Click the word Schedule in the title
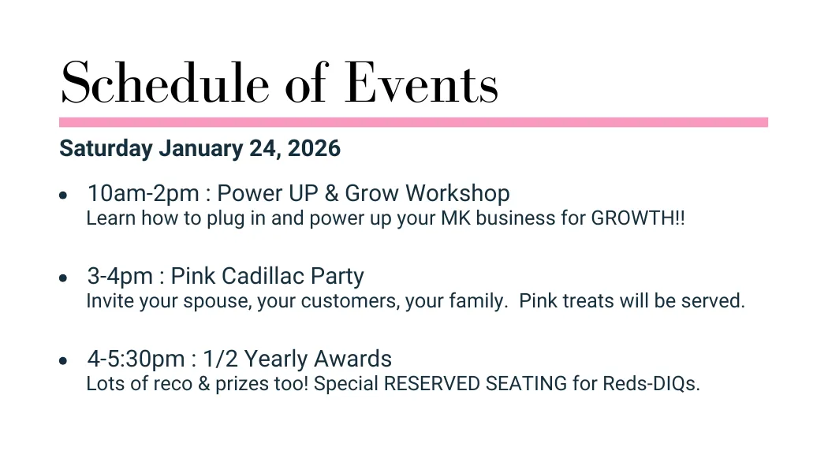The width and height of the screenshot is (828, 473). [166, 82]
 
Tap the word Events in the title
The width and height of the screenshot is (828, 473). [421, 82]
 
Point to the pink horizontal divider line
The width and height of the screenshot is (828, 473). [413, 122]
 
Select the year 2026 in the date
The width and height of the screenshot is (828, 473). [314, 148]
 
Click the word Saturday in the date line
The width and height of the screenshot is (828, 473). [106, 149]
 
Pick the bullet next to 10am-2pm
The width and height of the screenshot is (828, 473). [63, 196]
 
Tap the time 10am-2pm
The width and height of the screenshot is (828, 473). [143, 194]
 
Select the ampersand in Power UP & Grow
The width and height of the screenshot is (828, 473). [332, 193]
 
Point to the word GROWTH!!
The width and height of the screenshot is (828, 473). [638, 218]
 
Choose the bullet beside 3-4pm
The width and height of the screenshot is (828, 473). [63, 277]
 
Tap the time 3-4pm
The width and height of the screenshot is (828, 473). [120, 277]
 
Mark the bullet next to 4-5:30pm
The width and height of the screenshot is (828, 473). [63, 360]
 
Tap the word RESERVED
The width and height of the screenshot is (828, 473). [432, 384]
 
